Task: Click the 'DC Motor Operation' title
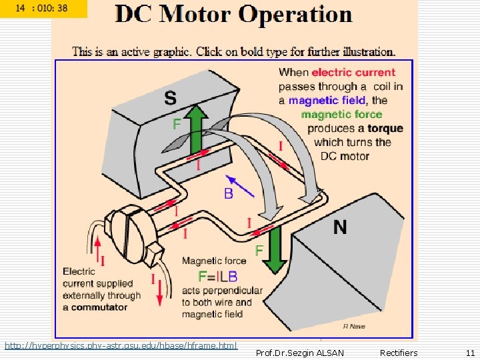click(x=233, y=15)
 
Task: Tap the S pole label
click(x=171, y=98)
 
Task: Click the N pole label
click(x=340, y=227)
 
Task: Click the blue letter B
click(x=229, y=194)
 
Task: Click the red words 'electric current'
click(x=353, y=72)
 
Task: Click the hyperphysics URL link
click(x=121, y=345)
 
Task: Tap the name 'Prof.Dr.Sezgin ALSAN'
click(x=300, y=353)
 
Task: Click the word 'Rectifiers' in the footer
click(x=399, y=353)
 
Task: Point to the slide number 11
click(x=470, y=353)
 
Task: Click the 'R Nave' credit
click(x=354, y=326)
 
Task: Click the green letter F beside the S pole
click(x=177, y=124)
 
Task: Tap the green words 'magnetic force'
click(x=341, y=114)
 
